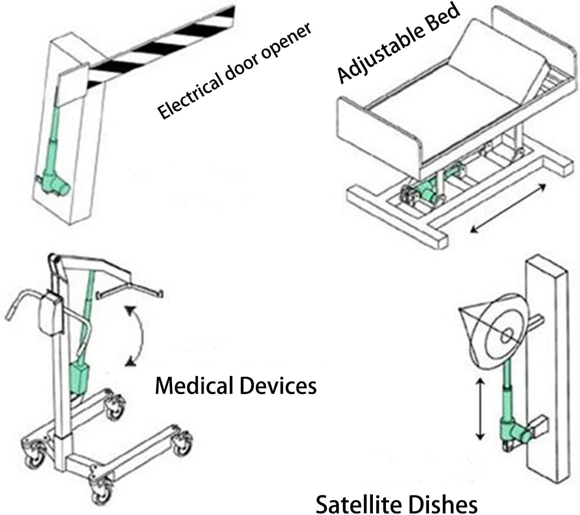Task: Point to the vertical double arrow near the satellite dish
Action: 480,408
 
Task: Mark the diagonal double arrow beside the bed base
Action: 508,208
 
